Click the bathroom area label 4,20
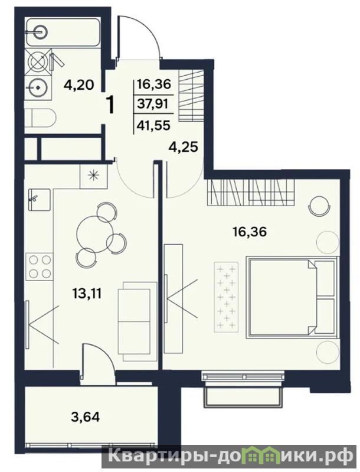point(78,85)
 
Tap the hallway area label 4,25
point(182,147)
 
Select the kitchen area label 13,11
point(87,292)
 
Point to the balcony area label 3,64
point(85,417)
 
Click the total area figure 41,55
point(153,125)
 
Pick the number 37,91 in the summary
point(153,104)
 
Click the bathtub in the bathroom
point(63,33)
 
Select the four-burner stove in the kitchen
point(40,266)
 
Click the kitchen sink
point(40,200)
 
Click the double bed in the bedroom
point(291,297)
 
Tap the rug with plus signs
point(226,297)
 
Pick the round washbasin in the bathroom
point(38,87)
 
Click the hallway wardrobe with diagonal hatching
point(191,95)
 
